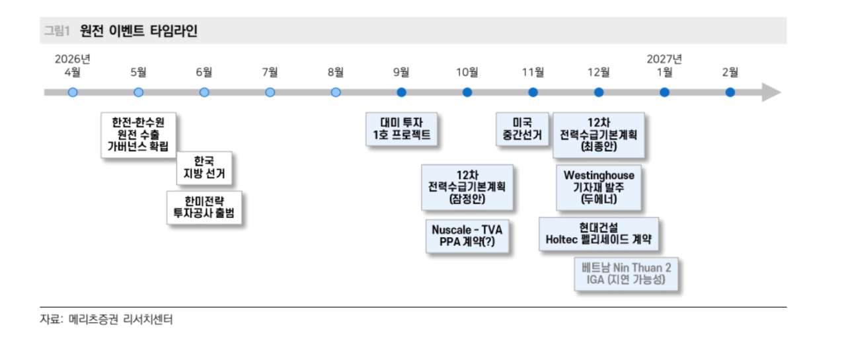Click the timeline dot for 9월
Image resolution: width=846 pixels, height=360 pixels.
(x=401, y=92)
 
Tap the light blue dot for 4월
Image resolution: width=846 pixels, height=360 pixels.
(x=73, y=92)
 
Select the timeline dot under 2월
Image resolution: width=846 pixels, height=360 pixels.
(x=730, y=92)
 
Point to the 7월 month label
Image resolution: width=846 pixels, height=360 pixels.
(x=270, y=72)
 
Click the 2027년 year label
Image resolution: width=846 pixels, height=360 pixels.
(x=664, y=59)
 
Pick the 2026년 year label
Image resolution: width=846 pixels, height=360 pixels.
(x=73, y=59)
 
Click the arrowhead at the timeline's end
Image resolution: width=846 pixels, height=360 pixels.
(x=771, y=92)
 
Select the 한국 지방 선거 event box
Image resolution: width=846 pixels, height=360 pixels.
(x=204, y=168)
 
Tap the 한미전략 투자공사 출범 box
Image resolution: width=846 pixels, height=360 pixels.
(x=204, y=207)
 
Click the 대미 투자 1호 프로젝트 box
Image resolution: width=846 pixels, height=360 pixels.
(x=401, y=129)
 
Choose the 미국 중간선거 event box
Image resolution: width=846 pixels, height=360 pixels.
(x=522, y=129)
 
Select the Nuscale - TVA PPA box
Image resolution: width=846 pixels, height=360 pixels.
(x=467, y=236)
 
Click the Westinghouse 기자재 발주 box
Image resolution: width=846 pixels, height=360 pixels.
(x=599, y=187)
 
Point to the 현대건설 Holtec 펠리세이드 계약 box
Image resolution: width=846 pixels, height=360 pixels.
(x=599, y=234)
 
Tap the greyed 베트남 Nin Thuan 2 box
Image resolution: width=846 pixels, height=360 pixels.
(x=626, y=273)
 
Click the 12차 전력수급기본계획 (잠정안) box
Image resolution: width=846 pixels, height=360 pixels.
(x=467, y=187)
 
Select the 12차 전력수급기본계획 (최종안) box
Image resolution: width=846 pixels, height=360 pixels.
(x=599, y=135)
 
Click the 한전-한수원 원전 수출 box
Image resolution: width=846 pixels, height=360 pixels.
(x=138, y=135)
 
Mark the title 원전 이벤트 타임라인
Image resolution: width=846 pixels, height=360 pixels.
(x=139, y=30)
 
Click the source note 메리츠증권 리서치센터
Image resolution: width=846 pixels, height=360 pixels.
(x=120, y=319)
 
